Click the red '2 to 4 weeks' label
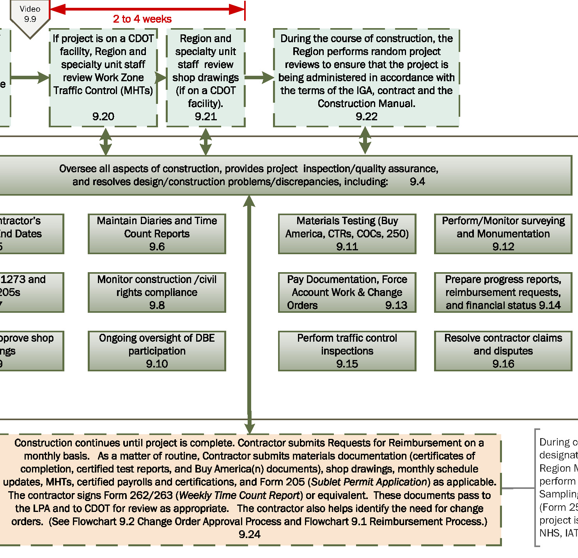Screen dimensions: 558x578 click(142, 19)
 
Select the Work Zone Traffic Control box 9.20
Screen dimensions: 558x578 click(103, 77)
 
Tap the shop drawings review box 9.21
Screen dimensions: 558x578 click(206, 77)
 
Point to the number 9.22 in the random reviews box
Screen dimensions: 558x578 click(366, 116)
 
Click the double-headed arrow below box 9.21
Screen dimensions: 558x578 click(206, 142)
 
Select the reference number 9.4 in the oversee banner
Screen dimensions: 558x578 click(417, 182)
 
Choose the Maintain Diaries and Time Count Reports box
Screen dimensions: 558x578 click(157, 234)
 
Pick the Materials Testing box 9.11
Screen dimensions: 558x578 click(347, 234)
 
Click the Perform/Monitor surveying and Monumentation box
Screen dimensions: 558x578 click(503, 234)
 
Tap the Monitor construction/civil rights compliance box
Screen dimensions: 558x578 click(157, 292)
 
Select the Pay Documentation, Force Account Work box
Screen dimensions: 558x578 click(347, 292)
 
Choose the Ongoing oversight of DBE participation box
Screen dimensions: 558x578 click(157, 351)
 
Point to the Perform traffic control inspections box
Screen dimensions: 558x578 click(347, 351)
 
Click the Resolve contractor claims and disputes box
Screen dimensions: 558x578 click(503, 351)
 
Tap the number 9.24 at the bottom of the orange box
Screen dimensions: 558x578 click(249, 535)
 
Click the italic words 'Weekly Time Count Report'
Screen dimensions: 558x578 click(239, 496)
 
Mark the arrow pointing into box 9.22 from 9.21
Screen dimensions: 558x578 click(259, 77)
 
